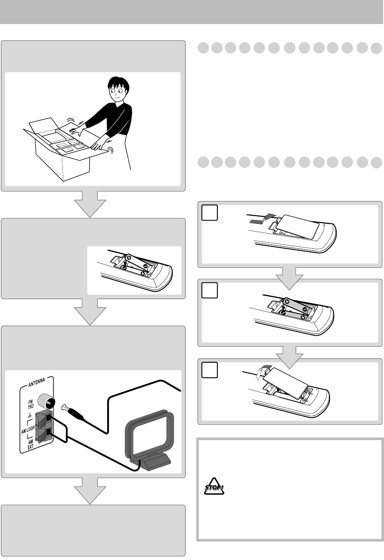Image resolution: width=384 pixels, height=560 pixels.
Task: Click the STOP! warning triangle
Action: tap(214, 486)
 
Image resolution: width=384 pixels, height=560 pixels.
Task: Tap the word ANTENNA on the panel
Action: tap(37, 382)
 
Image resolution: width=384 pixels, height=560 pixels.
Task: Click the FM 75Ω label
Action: tap(30, 404)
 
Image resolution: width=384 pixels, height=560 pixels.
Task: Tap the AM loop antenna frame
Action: tap(149, 435)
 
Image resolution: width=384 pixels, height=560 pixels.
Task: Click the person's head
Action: tap(118, 89)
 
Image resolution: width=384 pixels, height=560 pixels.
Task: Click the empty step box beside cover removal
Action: tap(209, 213)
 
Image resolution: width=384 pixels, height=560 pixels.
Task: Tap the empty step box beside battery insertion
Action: tap(209, 290)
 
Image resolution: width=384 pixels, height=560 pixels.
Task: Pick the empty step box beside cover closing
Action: tap(209, 370)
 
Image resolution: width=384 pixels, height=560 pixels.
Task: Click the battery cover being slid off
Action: tap(297, 226)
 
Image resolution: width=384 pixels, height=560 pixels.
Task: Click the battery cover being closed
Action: tap(285, 383)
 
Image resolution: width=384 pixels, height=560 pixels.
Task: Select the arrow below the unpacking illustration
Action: tap(90, 204)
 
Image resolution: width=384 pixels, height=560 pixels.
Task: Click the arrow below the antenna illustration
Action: tap(90, 491)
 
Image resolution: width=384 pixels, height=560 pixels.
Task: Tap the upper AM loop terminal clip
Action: tap(44, 419)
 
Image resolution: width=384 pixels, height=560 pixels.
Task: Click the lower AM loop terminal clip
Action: tap(44, 434)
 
